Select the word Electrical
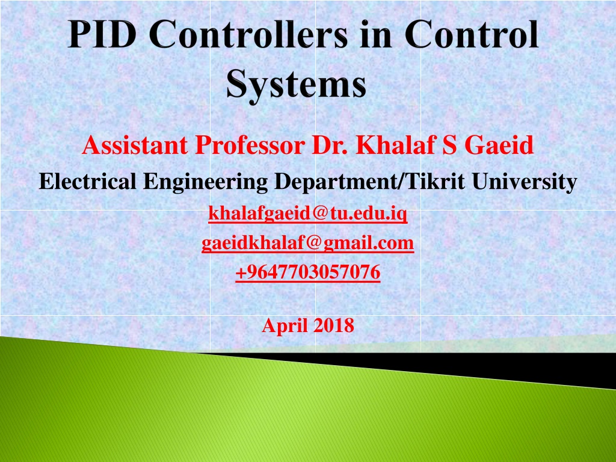[x=88, y=181]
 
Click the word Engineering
[x=205, y=181]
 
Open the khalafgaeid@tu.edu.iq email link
[x=307, y=213]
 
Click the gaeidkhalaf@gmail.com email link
[x=307, y=243]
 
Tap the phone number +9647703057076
[x=307, y=273]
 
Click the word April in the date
[x=284, y=325]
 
